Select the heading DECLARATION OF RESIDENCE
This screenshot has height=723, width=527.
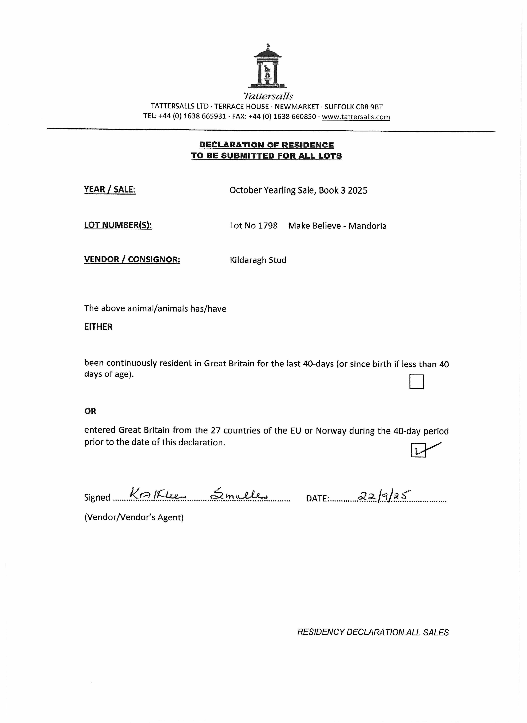pos(266,145)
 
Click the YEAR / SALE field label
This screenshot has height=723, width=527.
pos(110,190)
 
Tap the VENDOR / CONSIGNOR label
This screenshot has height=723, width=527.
pos(132,259)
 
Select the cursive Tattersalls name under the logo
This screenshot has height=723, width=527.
pos(268,96)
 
